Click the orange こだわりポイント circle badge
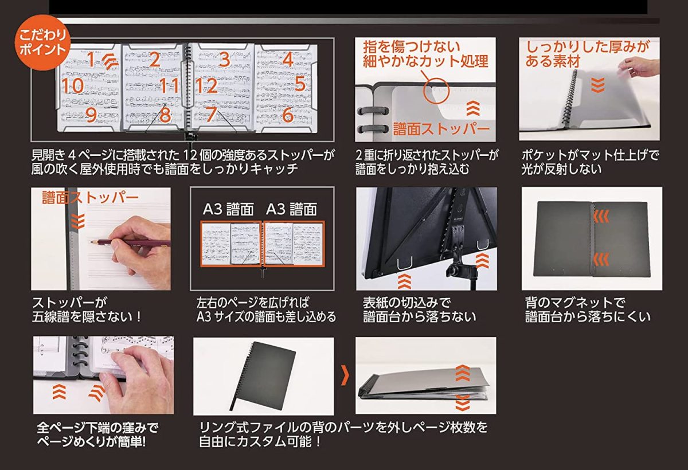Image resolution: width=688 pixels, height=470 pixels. tap(42, 42)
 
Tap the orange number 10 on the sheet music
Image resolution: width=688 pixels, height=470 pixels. tap(73, 85)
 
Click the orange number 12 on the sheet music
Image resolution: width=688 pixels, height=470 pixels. tap(206, 85)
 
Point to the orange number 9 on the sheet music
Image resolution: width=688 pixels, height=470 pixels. tap(91, 115)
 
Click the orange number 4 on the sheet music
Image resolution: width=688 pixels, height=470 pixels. tap(288, 59)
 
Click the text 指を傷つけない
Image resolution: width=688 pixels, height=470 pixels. tap(412, 47)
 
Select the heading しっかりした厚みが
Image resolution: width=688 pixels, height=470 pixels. tap(588, 47)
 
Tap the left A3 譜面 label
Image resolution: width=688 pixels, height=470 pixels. tap(229, 209)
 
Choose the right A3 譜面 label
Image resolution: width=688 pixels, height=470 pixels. tap(291, 209)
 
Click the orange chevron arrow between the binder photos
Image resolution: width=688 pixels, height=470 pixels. tap(345, 375)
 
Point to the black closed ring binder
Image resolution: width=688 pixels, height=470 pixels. tap(263, 376)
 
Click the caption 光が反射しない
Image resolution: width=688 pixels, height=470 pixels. tap(561, 169)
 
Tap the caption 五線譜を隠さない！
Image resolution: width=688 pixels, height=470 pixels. tap(87, 317)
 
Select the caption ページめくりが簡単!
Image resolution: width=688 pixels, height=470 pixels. tap(92, 441)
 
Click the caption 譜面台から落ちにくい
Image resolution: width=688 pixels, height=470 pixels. tap(588, 317)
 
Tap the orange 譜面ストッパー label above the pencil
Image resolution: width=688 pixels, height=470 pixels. tap(91, 197)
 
